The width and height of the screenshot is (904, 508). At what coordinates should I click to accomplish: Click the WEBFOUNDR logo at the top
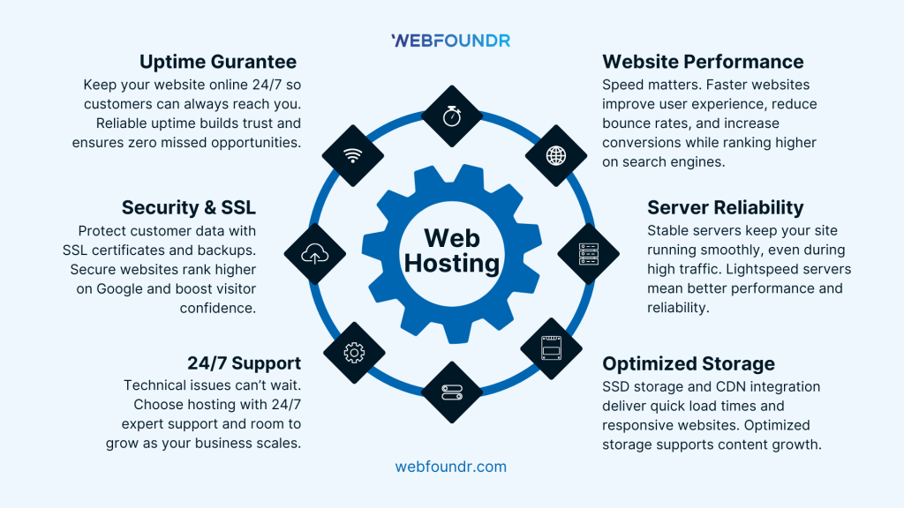(450, 40)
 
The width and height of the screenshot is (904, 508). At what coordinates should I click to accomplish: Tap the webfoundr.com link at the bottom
(451, 467)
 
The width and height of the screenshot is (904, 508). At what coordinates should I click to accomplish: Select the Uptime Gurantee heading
(218, 62)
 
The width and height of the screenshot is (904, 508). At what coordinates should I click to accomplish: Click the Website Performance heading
(703, 62)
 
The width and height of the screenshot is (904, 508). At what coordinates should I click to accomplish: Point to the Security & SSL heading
(189, 208)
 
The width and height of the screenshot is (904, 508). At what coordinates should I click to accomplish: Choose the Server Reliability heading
(725, 208)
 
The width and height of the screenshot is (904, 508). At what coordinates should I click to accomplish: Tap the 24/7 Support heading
(244, 363)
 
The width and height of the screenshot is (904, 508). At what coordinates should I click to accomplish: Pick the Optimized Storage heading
(689, 363)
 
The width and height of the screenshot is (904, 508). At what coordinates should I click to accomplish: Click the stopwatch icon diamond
(452, 116)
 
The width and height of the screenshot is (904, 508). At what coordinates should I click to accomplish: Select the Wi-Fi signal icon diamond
(353, 156)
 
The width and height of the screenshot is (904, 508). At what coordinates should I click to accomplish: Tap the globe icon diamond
(556, 156)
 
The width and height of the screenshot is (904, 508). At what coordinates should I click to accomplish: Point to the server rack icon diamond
(589, 254)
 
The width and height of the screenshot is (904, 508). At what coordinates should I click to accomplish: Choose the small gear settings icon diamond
(354, 352)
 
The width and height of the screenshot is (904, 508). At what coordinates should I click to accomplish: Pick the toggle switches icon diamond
(452, 392)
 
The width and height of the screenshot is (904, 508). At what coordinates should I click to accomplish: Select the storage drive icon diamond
(552, 350)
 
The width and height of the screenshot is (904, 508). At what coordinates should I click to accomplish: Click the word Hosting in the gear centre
(452, 263)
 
